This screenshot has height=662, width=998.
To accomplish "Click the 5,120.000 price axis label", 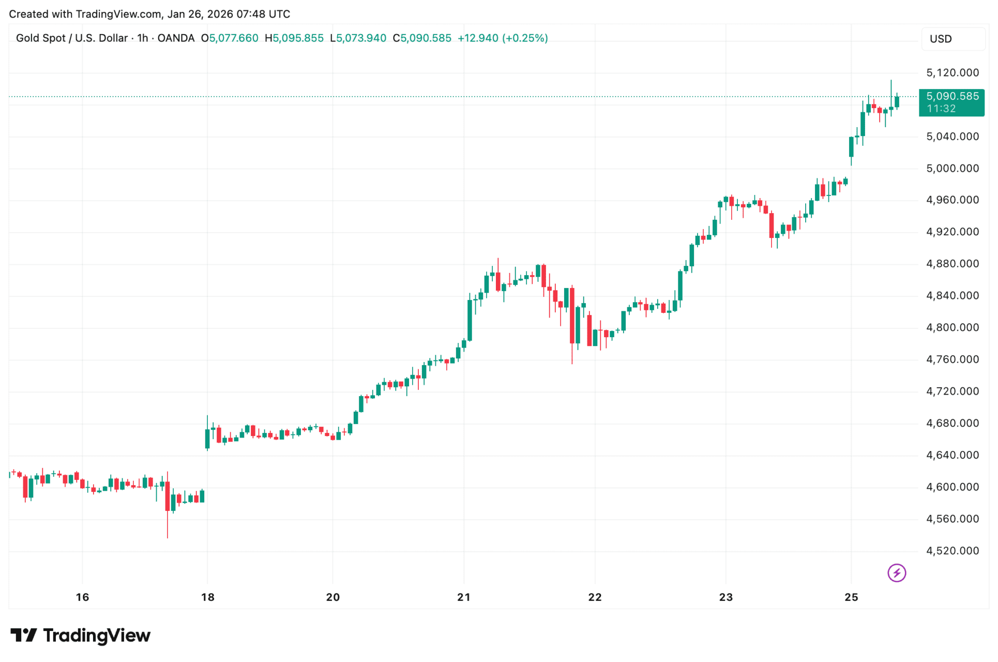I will tap(952, 73).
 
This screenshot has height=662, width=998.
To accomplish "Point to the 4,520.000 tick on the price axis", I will tap(952, 551).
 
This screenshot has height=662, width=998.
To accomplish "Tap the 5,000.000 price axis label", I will tap(952, 169).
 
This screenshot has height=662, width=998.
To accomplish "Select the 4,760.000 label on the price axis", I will tap(952, 359).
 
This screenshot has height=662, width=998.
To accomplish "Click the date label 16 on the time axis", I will tap(82, 597).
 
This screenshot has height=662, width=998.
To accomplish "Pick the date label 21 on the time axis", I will tap(464, 597).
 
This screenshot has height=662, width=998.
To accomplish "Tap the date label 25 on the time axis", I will tap(851, 597).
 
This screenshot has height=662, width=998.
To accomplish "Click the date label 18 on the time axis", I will tap(207, 597).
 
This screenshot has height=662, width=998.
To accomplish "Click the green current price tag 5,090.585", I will tap(952, 97).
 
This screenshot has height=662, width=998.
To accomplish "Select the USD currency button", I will tap(941, 39).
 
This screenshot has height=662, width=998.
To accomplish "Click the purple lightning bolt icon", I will tap(897, 573).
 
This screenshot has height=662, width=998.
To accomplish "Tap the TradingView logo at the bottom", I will tap(81, 636).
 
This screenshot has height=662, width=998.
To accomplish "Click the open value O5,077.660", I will tap(230, 38).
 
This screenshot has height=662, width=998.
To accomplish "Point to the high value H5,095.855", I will tap(294, 38).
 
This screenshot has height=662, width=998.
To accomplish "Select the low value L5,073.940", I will tap(358, 38).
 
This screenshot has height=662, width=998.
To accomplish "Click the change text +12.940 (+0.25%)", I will tap(503, 38).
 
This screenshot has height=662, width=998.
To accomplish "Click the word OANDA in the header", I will tap(176, 38).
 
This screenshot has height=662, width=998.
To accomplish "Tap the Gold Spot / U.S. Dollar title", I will tap(72, 38).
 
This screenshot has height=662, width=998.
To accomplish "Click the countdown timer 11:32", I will tap(941, 109).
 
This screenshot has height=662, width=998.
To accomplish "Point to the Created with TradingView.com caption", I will tap(149, 14).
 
